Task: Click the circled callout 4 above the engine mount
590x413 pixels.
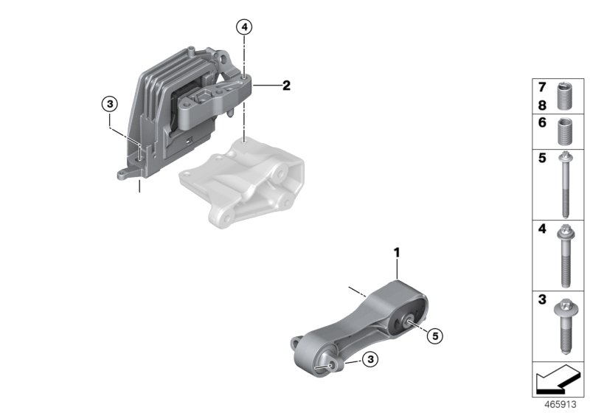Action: click(244, 28)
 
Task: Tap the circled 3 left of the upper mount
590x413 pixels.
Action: click(109, 105)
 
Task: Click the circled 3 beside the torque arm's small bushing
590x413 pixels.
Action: click(371, 359)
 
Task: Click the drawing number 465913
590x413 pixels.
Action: click(561, 406)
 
